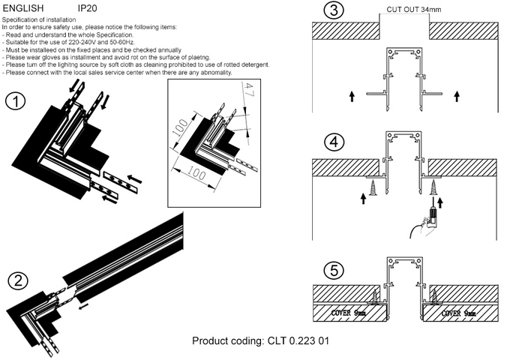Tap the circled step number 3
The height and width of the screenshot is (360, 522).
(x=331, y=12)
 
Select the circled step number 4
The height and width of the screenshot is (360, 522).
(x=332, y=141)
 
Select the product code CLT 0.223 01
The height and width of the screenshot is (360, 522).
(x=295, y=341)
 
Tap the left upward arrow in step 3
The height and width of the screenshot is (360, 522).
(x=351, y=96)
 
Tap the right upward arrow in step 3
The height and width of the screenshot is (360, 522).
(x=455, y=96)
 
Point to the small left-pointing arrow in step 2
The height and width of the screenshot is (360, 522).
(x=82, y=304)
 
